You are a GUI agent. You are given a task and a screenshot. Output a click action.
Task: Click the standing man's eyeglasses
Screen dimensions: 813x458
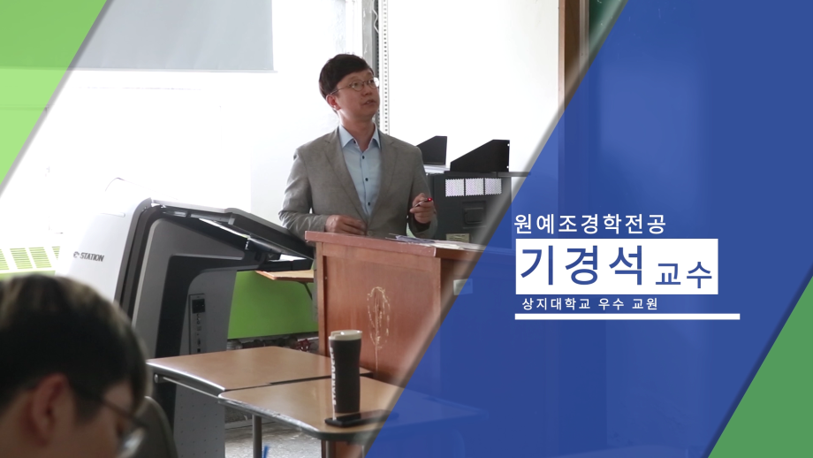click(x=356, y=86)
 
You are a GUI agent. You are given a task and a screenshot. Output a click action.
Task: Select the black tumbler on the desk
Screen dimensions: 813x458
click(x=346, y=372)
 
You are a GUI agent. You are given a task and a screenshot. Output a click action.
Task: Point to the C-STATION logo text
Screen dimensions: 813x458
click(x=88, y=256)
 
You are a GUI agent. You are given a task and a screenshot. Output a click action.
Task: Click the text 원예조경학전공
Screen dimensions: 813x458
click(x=590, y=224)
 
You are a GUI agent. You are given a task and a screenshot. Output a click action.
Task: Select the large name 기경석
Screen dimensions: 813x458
click(x=582, y=265)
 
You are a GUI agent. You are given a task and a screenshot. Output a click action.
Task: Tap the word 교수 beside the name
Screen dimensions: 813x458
click(x=684, y=274)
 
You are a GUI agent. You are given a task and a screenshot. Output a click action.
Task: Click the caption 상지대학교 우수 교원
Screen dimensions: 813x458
click(x=590, y=304)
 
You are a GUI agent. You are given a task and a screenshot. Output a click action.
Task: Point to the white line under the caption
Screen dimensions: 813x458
click(x=627, y=317)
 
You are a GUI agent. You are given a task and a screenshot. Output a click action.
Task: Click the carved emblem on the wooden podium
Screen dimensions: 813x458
click(x=378, y=317)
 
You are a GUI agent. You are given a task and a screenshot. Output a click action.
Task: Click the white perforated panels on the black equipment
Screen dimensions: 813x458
click(x=473, y=187)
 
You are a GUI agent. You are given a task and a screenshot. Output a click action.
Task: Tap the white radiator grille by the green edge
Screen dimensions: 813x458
click(x=28, y=258)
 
